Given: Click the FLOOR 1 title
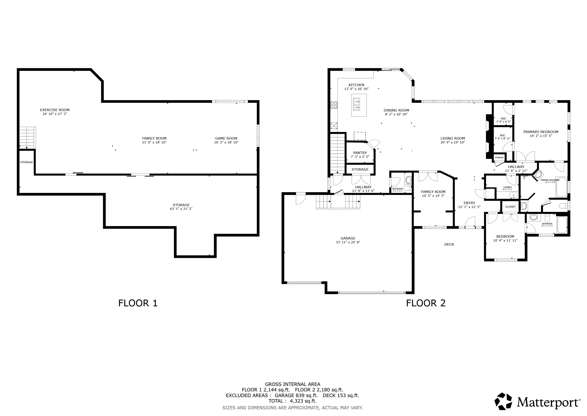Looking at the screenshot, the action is [x=138, y=303].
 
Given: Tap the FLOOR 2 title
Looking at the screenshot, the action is [x=426, y=303].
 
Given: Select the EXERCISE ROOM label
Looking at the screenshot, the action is [x=55, y=110].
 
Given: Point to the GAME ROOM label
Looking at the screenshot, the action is [x=226, y=138].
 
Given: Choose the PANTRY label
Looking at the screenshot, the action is [x=360, y=153].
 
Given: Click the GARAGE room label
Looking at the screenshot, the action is [x=348, y=238].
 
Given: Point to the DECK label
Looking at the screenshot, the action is [x=449, y=244].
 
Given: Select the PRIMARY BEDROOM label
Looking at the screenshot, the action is [x=541, y=132].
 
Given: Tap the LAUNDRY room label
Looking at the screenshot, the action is [x=508, y=187].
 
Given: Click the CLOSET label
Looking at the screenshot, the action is [x=511, y=207].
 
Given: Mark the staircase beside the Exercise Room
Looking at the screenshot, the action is [x=27, y=138].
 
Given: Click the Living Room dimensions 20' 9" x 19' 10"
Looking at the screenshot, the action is [x=453, y=142].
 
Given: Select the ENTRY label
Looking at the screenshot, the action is [x=469, y=203].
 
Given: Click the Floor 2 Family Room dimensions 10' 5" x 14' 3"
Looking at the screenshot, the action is [x=433, y=196].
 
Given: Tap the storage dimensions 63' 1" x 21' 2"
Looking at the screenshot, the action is [x=181, y=209].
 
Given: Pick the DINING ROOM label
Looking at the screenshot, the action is [x=396, y=110].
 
